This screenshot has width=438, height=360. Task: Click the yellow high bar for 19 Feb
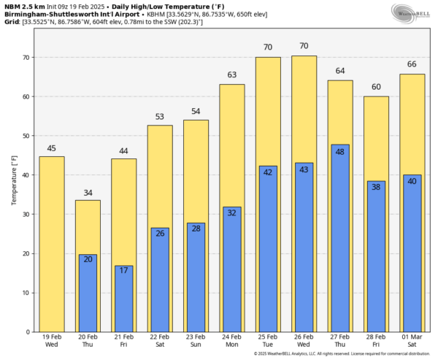pos(51,244)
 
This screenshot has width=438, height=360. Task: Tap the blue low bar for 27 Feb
pos(340,238)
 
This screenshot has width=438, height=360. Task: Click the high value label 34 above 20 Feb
pos(88,193)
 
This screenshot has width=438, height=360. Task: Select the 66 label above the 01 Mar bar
pos(412,64)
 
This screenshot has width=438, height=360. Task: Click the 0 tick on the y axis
pos(28,332)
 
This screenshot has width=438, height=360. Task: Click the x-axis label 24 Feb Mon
pos(232,342)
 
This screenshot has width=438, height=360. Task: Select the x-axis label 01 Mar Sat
pos(412,342)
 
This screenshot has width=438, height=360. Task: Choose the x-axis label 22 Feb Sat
pos(160,342)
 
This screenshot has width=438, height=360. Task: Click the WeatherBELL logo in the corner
pos(409,13)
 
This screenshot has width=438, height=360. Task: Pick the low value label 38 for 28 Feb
pos(377,188)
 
